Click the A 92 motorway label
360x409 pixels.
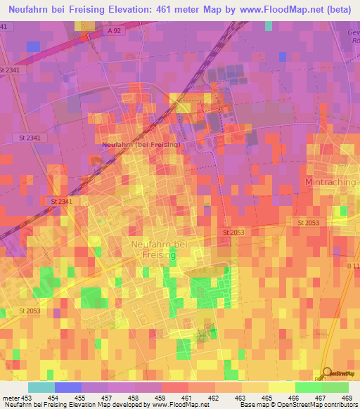click(115, 31)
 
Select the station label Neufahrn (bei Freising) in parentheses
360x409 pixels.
click(141, 144)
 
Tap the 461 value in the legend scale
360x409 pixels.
click(188, 398)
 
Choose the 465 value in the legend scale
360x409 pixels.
click(269, 398)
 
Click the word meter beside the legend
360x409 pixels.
click(10, 398)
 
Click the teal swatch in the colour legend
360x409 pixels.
click(41, 387)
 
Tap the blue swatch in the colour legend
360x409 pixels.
click(68, 387)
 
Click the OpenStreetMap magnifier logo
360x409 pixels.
click(327, 372)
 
